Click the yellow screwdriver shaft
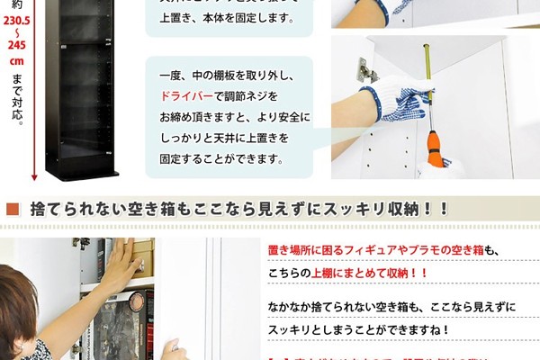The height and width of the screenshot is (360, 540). (x=427, y=90)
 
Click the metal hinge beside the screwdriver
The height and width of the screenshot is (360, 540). (x=364, y=70)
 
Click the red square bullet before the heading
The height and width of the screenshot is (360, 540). (x=13, y=210)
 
